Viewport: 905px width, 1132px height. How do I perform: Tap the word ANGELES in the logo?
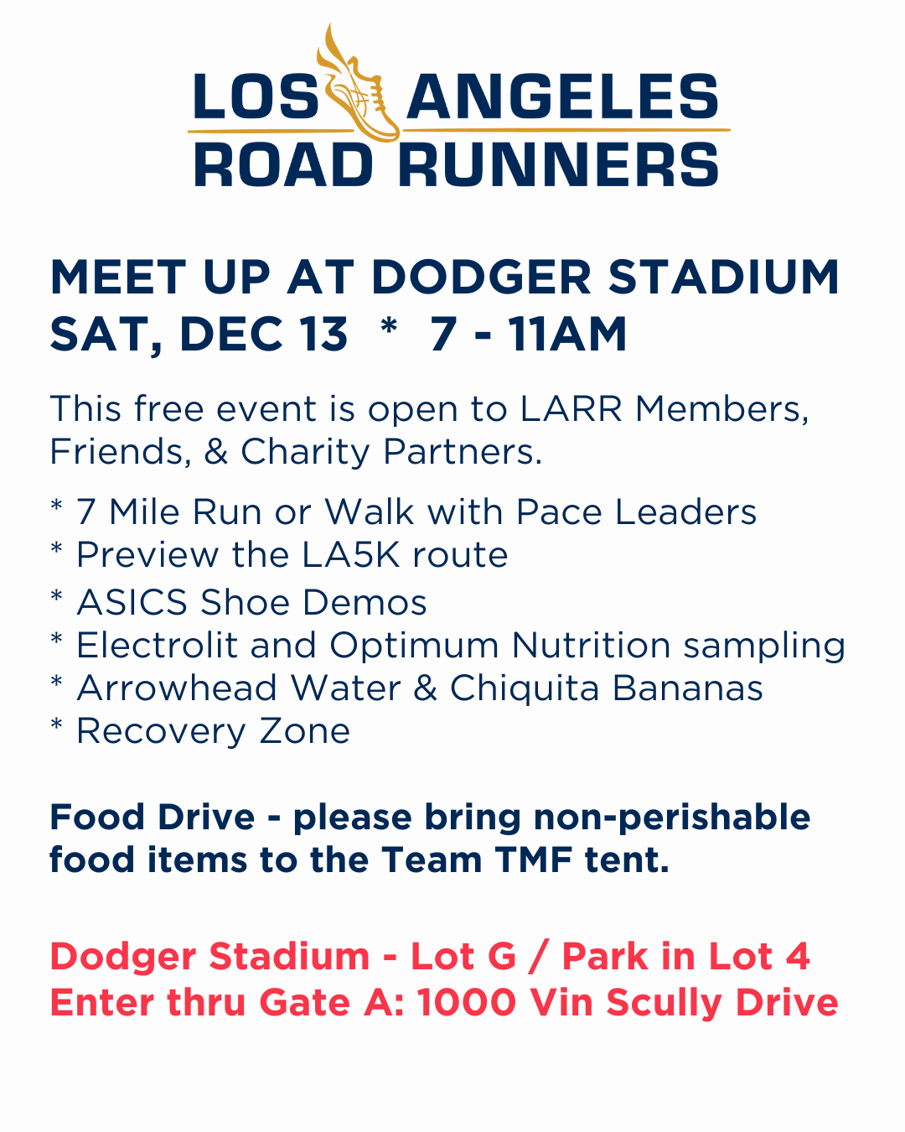click(562, 97)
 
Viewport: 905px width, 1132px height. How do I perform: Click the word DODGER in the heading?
click(481, 278)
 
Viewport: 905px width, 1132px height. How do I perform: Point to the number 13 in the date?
click(323, 335)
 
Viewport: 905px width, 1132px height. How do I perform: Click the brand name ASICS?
click(132, 603)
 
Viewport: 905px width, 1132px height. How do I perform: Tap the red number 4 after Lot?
click(798, 957)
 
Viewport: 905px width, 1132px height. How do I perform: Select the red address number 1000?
click(467, 1003)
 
